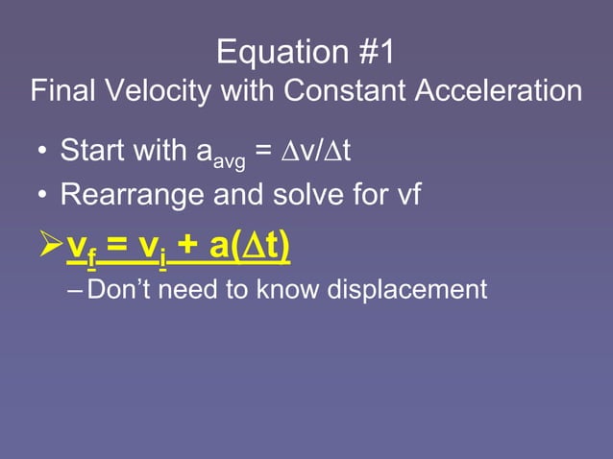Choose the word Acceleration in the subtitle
coord(498,92)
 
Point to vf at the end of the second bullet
coord(408,195)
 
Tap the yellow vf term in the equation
coord(81,247)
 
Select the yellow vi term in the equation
coord(151,247)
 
